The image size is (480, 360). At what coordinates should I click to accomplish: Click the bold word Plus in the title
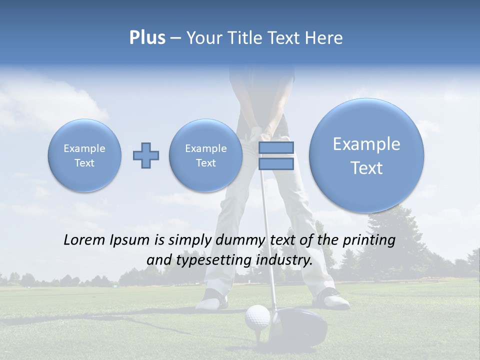coord(147,38)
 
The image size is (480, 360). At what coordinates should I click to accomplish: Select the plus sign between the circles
coord(146,155)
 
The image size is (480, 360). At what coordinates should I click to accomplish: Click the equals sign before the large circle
coord(276,155)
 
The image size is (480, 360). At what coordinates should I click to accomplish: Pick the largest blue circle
coord(366,155)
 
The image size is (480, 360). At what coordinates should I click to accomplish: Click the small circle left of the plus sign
coord(84,155)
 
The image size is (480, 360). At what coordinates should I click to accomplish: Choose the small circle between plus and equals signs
coord(205,155)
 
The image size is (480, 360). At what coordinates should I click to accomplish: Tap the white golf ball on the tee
coord(257,316)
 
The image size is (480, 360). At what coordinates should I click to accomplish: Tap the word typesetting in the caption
coord(212,260)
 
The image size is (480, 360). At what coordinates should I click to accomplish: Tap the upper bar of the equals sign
coord(276,148)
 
